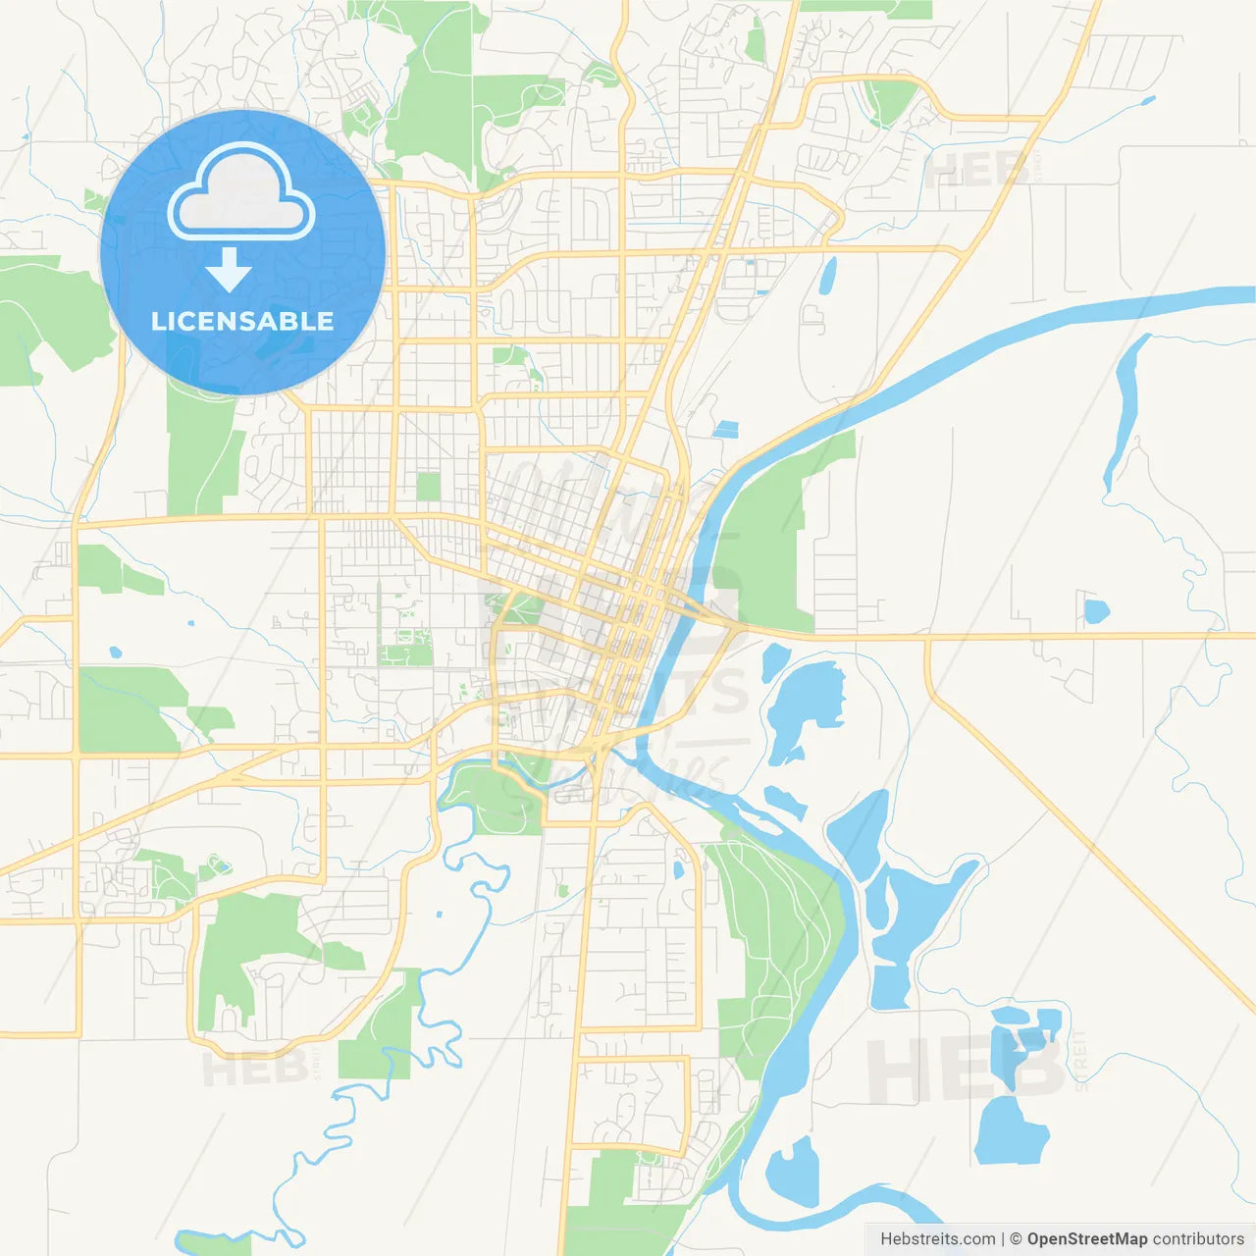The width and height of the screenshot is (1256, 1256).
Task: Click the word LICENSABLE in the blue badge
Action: (241, 321)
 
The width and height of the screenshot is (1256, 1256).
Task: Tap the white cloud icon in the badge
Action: (241, 194)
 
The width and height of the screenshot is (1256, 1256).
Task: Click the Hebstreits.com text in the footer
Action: (937, 1239)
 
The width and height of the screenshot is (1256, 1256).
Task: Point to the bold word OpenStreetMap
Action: (1086, 1239)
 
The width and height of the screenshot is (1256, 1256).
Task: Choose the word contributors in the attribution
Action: (1198, 1239)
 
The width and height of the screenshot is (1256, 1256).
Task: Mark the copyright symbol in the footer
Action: (1016, 1239)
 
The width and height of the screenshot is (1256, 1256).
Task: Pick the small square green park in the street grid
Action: (429, 487)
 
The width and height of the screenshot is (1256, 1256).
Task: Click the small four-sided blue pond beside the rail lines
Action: (725, 429)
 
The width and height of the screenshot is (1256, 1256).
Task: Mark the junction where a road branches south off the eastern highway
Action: (927, 638)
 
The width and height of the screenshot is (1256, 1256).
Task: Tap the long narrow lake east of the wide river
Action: (1124, 412)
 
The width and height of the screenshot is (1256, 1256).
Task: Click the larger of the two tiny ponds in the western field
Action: (116, 652)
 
